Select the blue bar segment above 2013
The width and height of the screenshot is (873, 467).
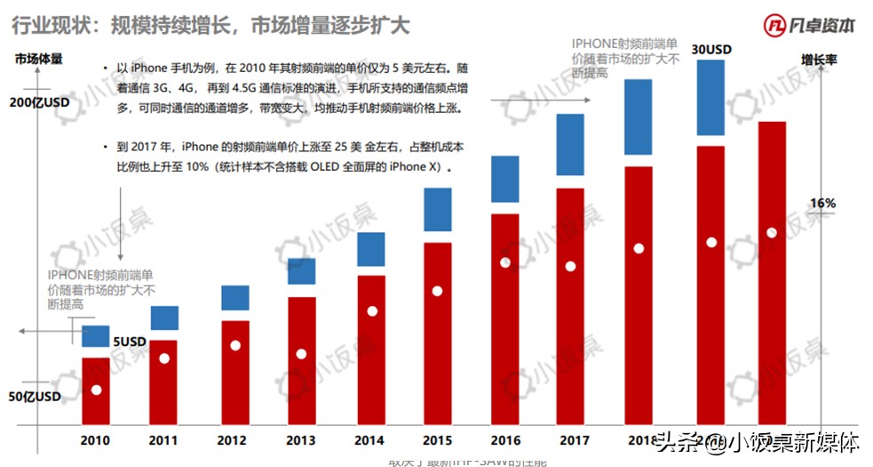coord(301,271)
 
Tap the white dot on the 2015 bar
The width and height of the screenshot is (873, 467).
coord(437,291)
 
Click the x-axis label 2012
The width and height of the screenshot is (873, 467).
coord(231,440)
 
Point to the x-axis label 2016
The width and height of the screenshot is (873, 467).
coord(505,440)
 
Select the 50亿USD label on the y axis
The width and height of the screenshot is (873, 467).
coord(35,397)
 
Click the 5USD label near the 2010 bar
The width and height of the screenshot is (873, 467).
coord(129,342)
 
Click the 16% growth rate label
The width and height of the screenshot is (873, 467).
coord(822,204)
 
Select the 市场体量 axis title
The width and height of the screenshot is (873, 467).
coord(38,60)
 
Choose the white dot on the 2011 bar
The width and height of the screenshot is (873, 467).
coord(163,358)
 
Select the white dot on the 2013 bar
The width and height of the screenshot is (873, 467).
coord(301,354)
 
